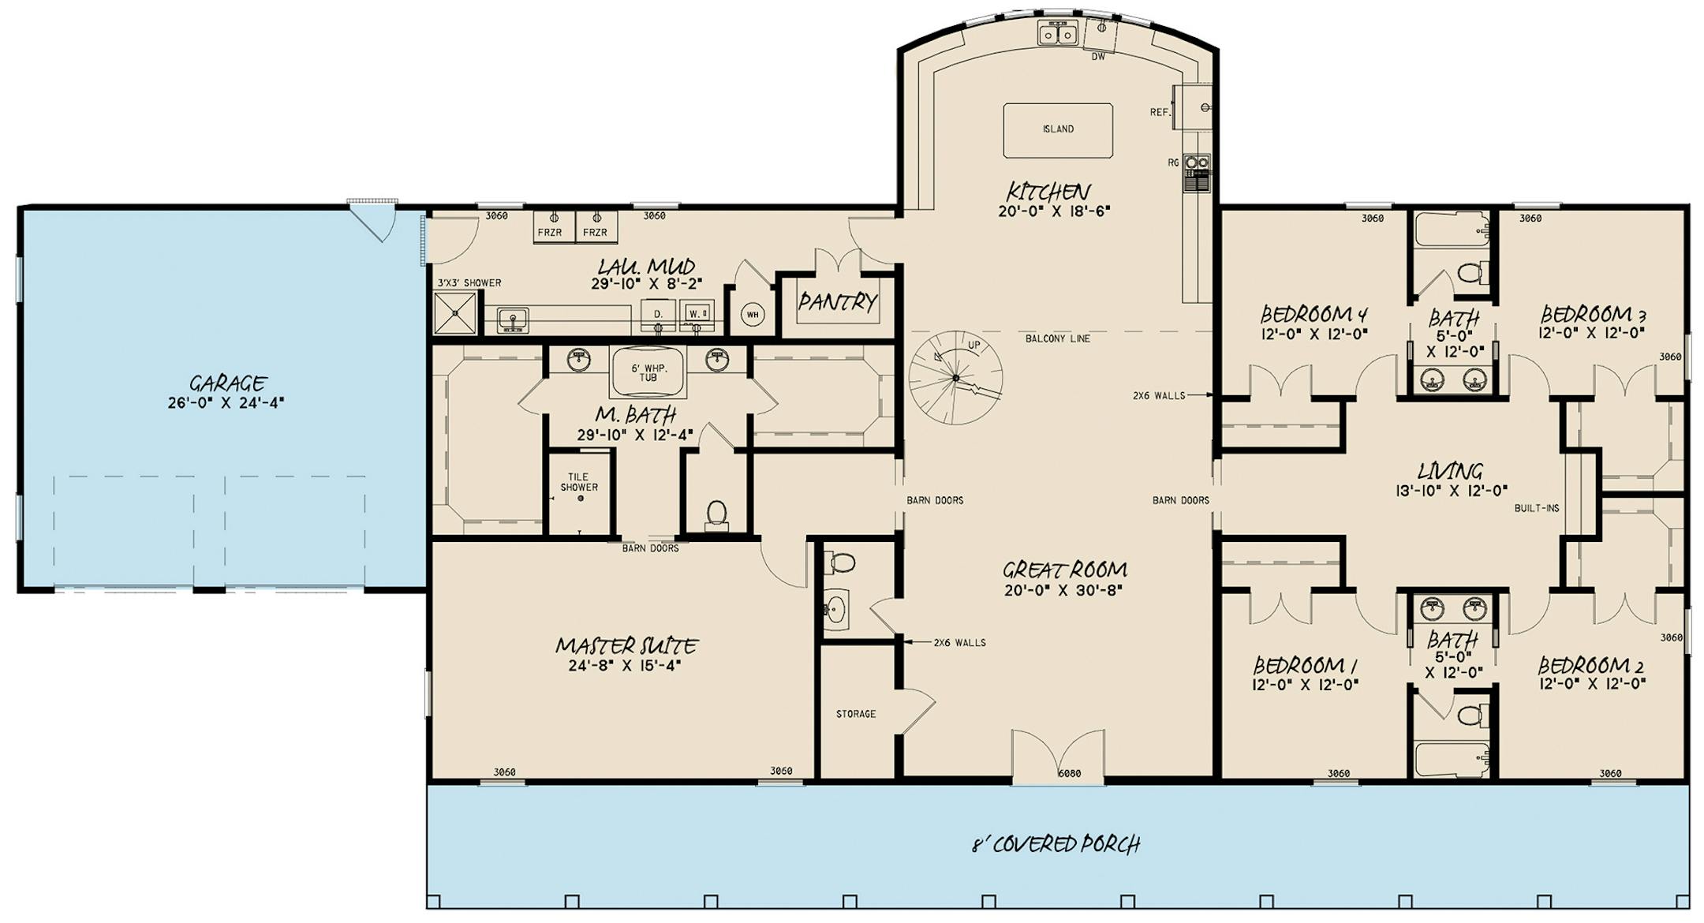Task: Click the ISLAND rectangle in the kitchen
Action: click(x=1058, y=129)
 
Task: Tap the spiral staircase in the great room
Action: click(x=955, y=378)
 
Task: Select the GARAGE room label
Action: click(x=227, y=383)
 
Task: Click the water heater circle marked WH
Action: click(x=753, y=315)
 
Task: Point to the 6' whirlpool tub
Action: click(x=648, y=372)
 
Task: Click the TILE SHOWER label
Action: click(x=579, y=482)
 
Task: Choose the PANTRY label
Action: click(x=837, y=301)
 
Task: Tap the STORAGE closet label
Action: click(x=856, y=714)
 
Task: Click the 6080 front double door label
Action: click(x=1069, y=774)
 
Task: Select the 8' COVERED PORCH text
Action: click(x=1056, y=844)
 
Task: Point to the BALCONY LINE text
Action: click(x=1057, y=338)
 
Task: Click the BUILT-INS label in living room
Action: click(x=1536, y=508)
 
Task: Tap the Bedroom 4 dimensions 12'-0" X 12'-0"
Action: click(x=1313, y=334)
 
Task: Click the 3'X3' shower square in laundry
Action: click(x=456, y=312)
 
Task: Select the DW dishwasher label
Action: click(x=1098, y=57)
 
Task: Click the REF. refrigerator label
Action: click(x=1159, y=113)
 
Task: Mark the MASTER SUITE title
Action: click(x=626, y=646)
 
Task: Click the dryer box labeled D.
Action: click(x=657, y=314)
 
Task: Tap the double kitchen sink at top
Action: click(x=1057, y=34)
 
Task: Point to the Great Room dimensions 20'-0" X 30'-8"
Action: click(x=1065, y=589)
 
